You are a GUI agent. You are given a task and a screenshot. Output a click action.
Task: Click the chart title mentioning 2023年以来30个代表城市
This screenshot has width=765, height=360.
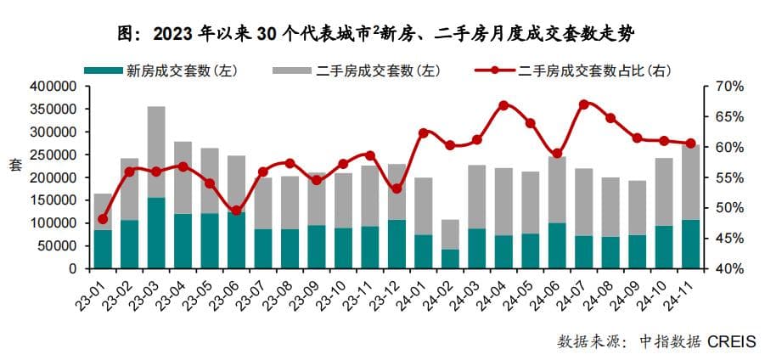click(382, 33)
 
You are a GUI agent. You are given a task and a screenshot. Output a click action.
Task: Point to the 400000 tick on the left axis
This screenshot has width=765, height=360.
click(53, 87)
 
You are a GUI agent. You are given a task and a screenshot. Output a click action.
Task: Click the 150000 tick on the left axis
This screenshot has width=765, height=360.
click(53, 200)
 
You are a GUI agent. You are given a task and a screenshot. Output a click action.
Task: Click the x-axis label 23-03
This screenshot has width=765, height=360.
click(145, 293)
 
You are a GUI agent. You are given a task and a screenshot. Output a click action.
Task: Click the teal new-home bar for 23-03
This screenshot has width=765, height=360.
click(156, 233)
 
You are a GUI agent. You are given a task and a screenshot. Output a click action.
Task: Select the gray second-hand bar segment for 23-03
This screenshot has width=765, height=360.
click(156, 152)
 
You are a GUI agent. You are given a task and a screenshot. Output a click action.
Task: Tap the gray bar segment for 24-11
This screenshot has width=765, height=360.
click(690, 183)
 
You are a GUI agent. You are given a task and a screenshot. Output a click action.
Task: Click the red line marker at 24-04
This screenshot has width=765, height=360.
click(503, 105)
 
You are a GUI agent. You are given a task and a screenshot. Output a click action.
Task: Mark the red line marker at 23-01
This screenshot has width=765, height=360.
click(103, 219)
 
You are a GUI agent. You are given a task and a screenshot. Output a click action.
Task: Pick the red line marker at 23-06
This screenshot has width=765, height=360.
click(236, 211)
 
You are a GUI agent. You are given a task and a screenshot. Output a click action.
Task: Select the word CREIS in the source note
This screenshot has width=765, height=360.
click(731, 341)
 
